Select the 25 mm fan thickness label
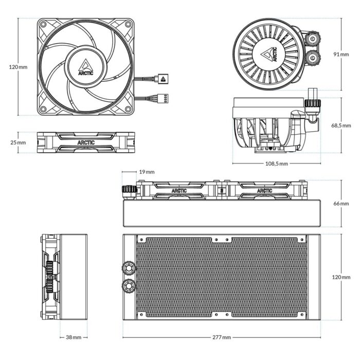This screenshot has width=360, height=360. click(18, 142)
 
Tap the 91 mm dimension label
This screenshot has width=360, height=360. click(341, 55)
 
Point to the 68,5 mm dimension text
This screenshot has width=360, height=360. click(341, 125)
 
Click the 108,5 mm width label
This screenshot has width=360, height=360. click(276, 164)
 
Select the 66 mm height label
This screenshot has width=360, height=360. click(340, 204)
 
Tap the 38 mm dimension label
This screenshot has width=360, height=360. click(74, 337)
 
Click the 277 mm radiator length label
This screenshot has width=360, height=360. click(222, 337)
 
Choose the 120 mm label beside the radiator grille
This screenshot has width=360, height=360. click(340, 277)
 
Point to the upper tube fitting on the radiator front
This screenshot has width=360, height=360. click(129, 268)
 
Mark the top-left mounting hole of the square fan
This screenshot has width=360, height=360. click(44, 25)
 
